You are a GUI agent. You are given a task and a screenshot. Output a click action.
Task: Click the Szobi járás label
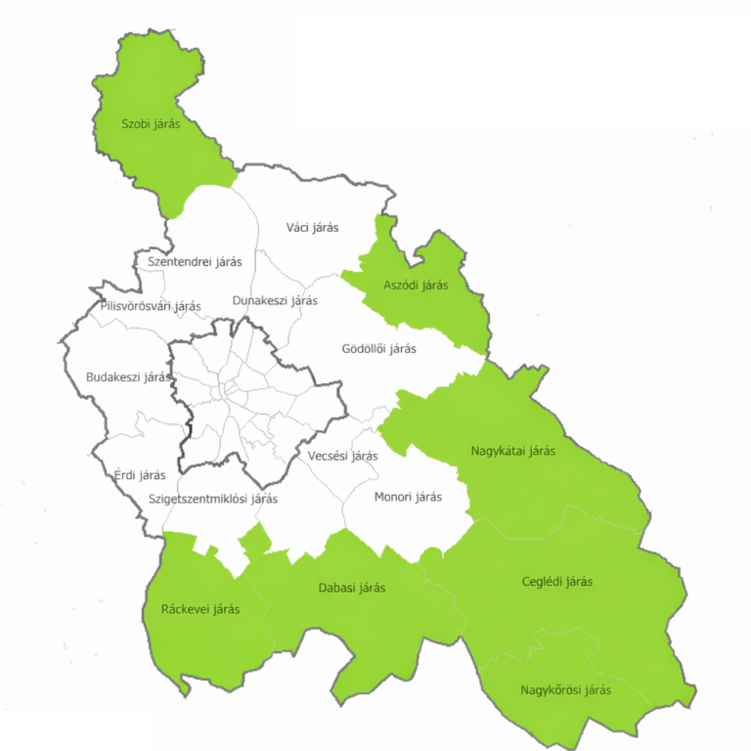click(x=151, y=123)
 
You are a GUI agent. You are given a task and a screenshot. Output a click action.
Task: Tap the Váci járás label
click(x=312, y=228)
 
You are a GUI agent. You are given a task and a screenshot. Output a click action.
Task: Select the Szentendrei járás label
click(x=194, y=262)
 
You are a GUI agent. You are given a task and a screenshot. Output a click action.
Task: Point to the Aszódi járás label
click(x=416, y=285)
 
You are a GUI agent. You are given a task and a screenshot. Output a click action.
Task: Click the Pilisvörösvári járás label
click(x=151, y=306)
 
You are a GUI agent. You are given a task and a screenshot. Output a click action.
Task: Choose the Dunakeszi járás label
click(x=275, y=300)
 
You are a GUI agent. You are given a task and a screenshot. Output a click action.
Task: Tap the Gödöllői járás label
click(x=379, y=348)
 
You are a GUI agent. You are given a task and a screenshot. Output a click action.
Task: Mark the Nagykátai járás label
click(x=513, y=451)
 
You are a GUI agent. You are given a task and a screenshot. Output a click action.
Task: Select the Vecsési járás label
click(x=342, y=456)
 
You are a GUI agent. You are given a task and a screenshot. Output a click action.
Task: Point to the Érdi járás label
click(x=140, y=475)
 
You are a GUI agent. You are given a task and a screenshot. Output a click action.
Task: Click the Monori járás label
click(x=408, y=497)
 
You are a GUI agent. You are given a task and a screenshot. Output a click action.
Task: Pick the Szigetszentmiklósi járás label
click(x=213, y=499)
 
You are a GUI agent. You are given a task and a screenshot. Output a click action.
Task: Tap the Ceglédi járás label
click(x=557, y=582)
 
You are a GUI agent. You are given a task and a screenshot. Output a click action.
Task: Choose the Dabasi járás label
click(x=352, y=588)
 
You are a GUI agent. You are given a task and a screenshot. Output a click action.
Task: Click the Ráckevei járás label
click(x=200, y=608)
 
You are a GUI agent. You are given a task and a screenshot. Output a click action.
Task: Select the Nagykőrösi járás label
click(x=565, y=689)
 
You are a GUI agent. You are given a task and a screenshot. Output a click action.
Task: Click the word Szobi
click(x=136, y=123)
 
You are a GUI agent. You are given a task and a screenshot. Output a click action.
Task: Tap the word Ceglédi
click(x=543, y=582)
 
